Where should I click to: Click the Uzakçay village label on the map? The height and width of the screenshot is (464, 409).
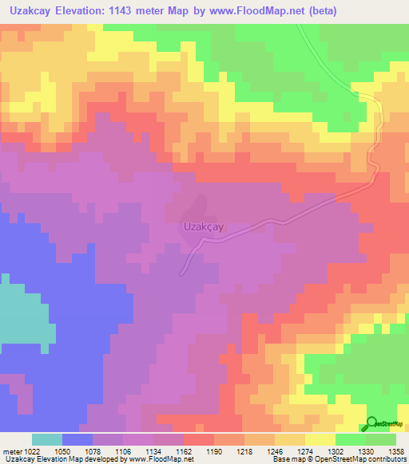(203, 226)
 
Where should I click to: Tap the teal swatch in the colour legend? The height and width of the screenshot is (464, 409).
(46, 439)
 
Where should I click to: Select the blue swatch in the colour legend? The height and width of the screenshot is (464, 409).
(77, 439)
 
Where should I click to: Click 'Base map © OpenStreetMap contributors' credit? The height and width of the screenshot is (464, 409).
(339, 459)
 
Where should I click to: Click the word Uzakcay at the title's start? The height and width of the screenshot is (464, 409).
(26, 11)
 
